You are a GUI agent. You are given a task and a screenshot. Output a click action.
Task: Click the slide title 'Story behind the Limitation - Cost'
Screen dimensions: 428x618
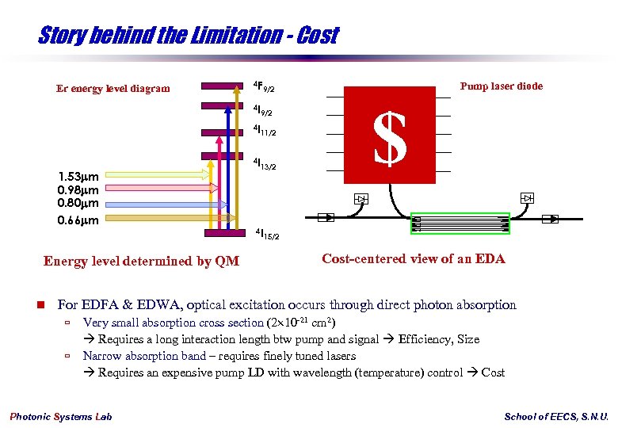[188, 36]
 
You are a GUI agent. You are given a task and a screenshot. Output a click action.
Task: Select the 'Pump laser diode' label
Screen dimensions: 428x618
[502, 86]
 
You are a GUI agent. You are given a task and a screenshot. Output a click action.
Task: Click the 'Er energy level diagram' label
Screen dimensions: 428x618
[113, 88]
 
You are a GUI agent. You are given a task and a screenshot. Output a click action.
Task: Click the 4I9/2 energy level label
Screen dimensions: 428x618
[263, 110]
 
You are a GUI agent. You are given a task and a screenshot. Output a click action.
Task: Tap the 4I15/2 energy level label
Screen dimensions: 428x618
[267, 235]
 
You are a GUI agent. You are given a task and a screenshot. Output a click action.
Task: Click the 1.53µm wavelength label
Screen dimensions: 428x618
[78, 176]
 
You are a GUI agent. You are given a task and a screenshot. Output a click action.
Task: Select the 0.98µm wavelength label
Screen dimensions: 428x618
[78, 190]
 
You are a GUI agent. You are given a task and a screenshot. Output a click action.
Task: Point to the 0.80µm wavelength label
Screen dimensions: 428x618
[78, 204]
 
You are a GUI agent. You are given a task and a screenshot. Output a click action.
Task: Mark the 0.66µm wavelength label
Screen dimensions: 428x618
[78, 220]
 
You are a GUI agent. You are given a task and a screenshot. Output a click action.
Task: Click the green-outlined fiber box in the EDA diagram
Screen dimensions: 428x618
[460, 224]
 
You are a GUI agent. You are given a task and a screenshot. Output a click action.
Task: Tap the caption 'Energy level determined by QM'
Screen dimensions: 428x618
[141, 261]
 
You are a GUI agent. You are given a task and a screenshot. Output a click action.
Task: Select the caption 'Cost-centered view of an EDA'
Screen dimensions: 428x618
[413, 258]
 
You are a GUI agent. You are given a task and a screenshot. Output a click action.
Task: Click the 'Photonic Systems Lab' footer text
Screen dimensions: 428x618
[61, 417]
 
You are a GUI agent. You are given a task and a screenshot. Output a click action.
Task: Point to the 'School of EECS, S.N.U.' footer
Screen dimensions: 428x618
[556, 417]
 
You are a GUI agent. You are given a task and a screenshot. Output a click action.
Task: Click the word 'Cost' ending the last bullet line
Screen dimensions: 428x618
[492, 373]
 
